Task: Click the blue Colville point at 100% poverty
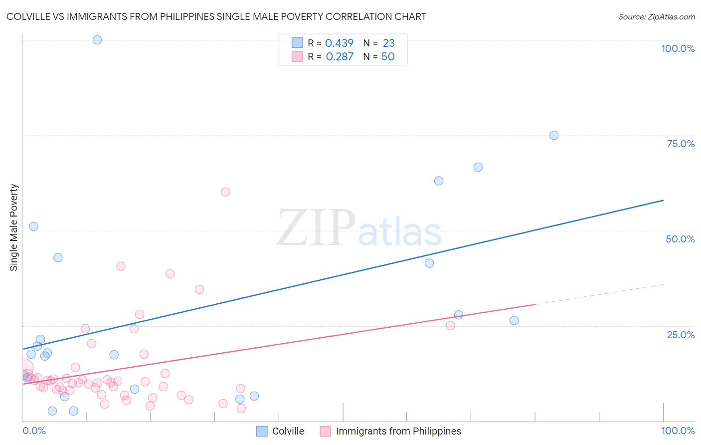(97, 40)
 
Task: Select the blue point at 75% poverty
(553, 135)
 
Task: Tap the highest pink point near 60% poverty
(225, 192)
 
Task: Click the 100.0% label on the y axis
(678, 48)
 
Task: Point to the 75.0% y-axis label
(681, 144)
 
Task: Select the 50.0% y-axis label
(680, 239)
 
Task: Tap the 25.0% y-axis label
(681, 335)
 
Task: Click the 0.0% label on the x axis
(34, 431)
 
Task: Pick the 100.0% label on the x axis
(678, 431)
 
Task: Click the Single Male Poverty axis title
(14, 227)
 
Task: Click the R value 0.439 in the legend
(339, 43)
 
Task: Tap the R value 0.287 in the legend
(340, 57)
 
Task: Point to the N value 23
(388, 43)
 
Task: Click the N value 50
(388, 57)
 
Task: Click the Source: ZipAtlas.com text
(656, 17)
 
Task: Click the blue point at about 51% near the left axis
(33, 226)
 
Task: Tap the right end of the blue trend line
(663, 200)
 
